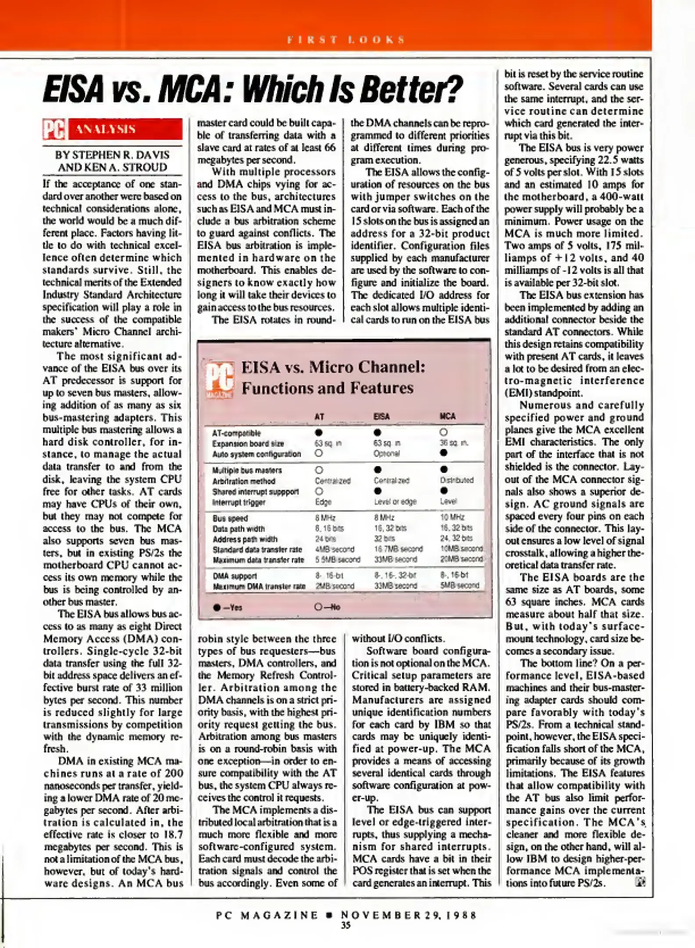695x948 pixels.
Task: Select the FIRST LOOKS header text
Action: click(x=346, y=40)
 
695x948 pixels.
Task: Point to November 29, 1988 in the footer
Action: click(x=408, y=915)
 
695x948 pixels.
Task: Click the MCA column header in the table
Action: click(x=447, y=416)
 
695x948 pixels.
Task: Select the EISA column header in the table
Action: click(x=381, y=416)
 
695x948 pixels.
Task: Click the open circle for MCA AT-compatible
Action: click(x=444, y=432)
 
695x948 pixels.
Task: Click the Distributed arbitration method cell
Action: click(x=456, y=480)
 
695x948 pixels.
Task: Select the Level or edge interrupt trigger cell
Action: click(x=395, y=501)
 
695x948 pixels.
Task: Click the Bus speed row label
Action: click(x=230, y=518)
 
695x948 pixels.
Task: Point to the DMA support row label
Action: click(x=235, y=575)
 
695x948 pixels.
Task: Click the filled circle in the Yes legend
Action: click(x=217, y=607)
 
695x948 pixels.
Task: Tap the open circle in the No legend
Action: click(x=318, y=607)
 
